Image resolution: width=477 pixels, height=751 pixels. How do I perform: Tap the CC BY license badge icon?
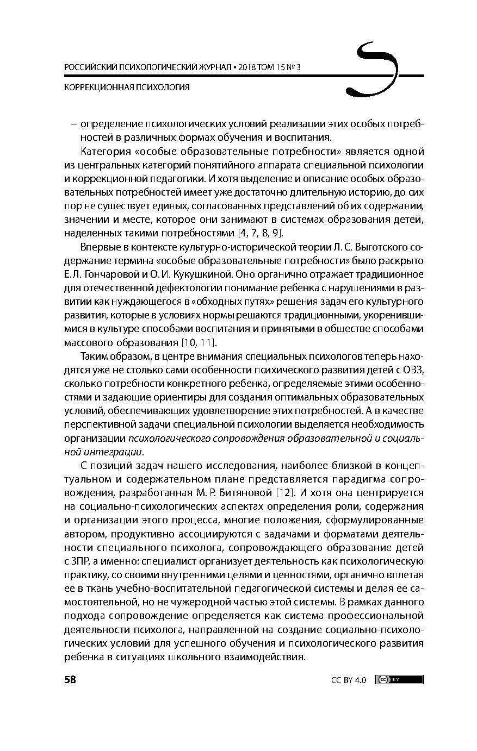[399, 679]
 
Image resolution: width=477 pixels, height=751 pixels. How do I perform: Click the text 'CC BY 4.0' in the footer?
[348, 680]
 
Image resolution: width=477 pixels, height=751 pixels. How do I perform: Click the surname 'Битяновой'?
[245, 493]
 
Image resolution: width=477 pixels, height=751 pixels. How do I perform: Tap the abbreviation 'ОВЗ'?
[413, 370]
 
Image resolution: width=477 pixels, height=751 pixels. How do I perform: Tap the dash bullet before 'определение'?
[73, 124]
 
